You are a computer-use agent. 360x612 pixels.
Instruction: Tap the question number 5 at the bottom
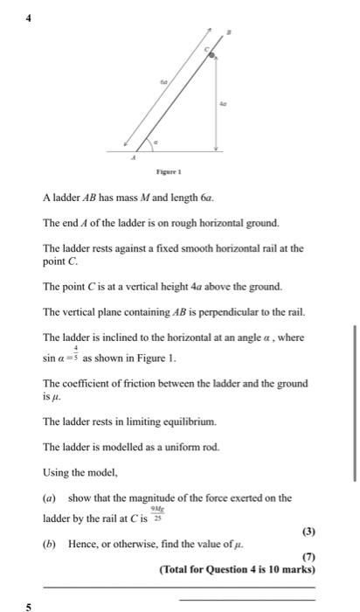tap(28, 605)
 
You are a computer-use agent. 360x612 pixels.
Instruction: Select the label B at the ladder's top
tap(230, 33)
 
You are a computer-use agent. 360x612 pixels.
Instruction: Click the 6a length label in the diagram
tap(163, 80)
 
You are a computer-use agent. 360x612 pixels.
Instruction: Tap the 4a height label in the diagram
tap(223, 102)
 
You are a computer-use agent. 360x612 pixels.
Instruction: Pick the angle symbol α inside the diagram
tap(156, 139)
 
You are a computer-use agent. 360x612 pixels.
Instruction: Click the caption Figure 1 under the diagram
tap(169, 173)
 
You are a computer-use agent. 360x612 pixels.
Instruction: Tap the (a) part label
tap(49, 498)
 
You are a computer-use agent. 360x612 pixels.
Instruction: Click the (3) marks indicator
tap(307, 532)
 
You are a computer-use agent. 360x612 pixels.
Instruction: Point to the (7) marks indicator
tap(307, 557)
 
